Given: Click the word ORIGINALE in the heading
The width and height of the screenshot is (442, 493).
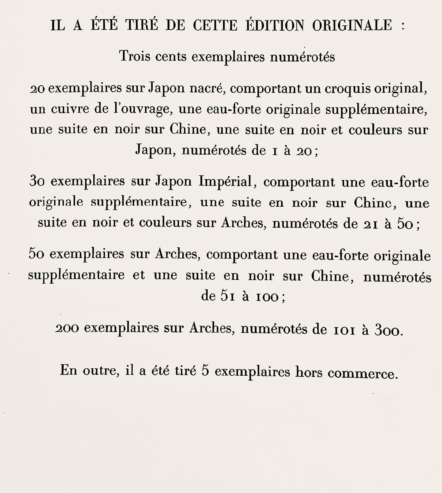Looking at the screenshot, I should pyautogui.click(x=352, y=25).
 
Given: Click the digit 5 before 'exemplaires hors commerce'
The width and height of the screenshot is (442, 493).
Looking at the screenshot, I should pyautogui.click(x=205, y=371).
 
